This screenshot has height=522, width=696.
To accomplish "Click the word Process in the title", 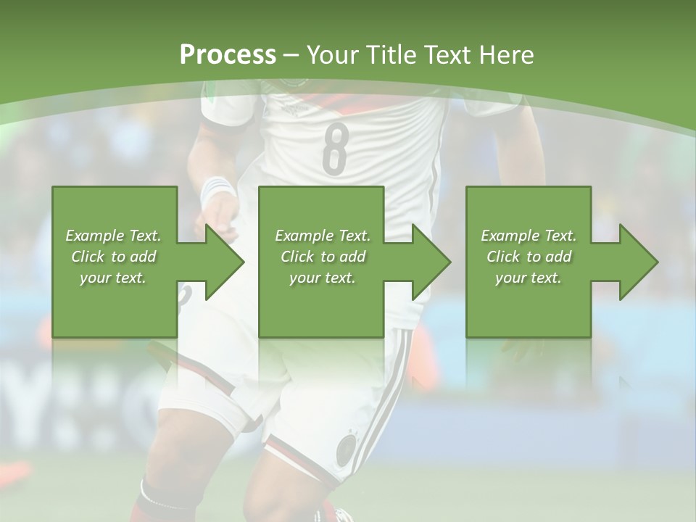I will click(228, 55).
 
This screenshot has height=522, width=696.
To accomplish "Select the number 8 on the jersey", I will click(335, 149).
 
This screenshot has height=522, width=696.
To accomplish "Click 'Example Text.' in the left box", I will click(113, 236).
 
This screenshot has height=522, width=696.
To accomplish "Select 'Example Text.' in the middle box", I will click(322, 236).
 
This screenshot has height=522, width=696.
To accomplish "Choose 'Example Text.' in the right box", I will click(529, 236).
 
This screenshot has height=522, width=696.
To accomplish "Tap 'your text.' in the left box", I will click(113, 278).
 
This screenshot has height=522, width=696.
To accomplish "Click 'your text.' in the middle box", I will click(322, 278).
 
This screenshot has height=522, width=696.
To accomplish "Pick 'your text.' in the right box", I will click(529, 278).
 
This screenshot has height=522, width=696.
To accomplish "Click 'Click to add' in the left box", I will click(113, 257).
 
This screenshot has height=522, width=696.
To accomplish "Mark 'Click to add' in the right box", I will click(529, 257).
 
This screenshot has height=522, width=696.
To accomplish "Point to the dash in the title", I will click(291, 55).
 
